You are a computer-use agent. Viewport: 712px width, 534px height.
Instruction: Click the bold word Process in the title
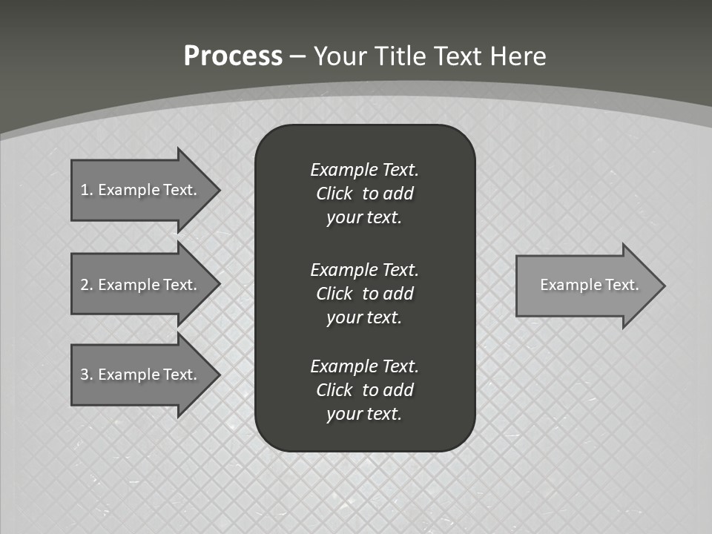pyautogui.click(x=233, y=56)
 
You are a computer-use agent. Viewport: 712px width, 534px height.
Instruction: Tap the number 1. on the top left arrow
pyautogui.click(x=87, y=190)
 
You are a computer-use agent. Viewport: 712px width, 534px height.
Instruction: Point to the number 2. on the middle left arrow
pyautogui.click(x=87, y=285)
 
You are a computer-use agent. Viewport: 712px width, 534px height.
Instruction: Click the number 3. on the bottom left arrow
pyautogui.click(x=87, y=375)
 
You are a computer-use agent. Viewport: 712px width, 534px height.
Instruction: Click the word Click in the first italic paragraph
pyautogui.click(x=334, y=194)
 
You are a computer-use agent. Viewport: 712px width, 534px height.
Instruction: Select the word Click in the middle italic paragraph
pyautogui.click(x=334, y=294)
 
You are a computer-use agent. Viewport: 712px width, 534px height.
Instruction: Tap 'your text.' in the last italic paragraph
pyautogui.click(x=364, y=414)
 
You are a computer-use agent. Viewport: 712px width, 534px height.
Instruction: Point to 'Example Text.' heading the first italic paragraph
pyautogui.click(x=364, y=170)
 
